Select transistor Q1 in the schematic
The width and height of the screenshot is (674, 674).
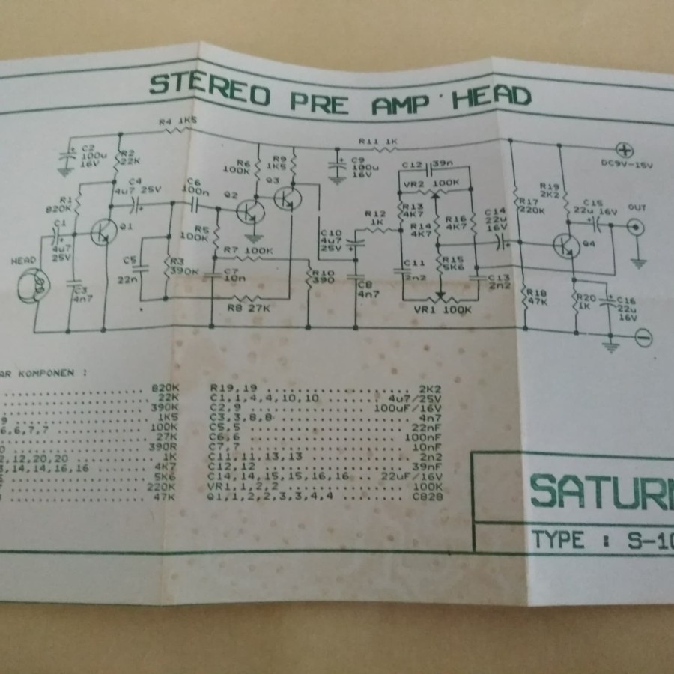coord(103,233)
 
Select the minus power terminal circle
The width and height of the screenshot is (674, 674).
coord(643,338)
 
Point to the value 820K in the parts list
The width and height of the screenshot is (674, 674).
coord(164,387)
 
